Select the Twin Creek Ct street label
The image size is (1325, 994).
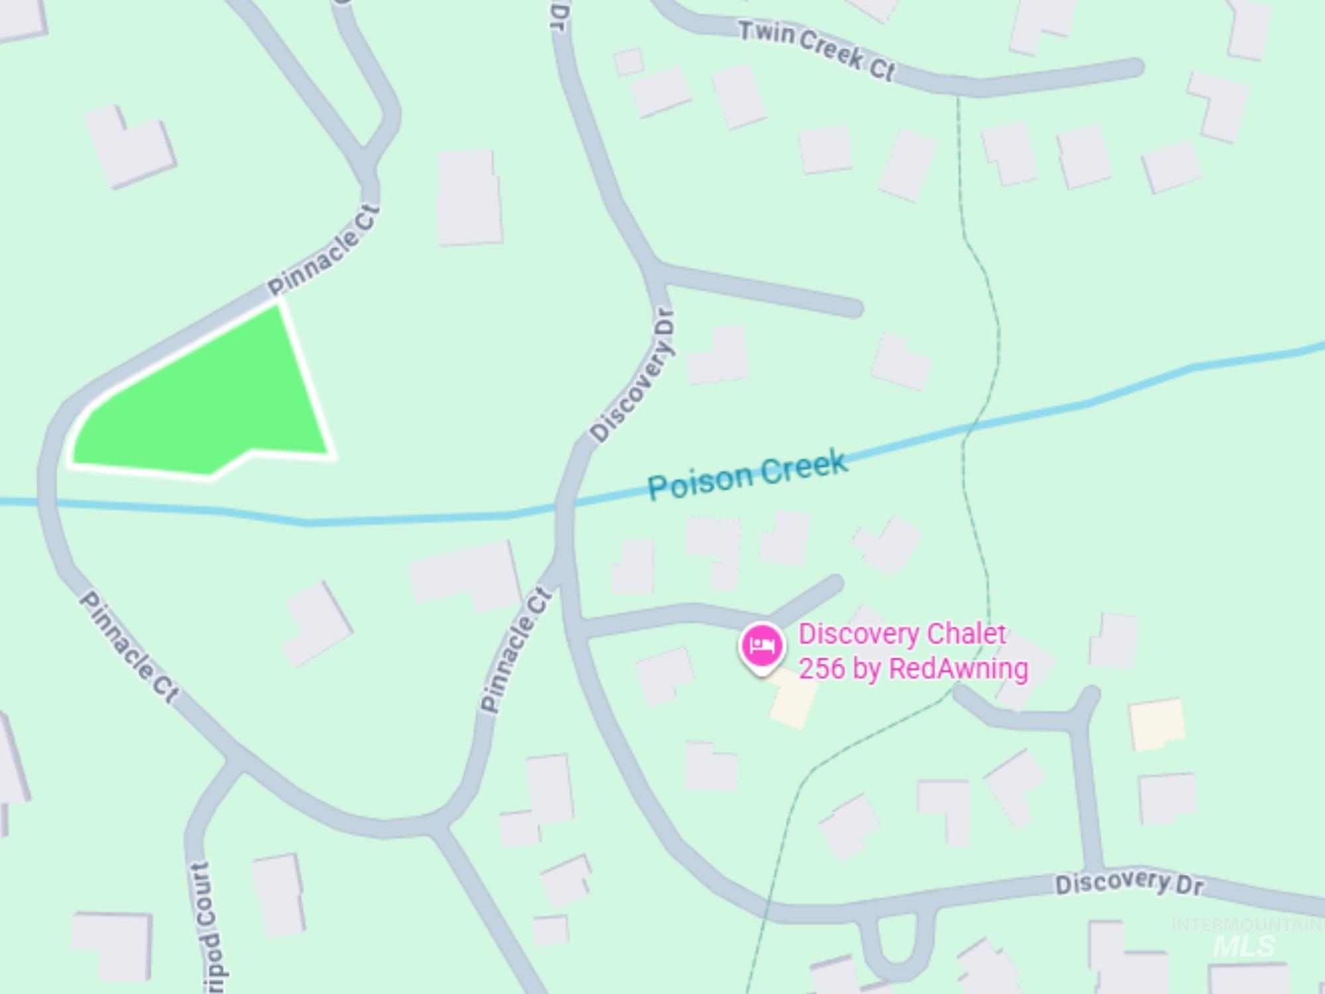(816, 50)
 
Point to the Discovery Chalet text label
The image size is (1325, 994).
(902, 634)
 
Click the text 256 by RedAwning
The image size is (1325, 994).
(913, 669)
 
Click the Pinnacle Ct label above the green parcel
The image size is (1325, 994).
(323, 250)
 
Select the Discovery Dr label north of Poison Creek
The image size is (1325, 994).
(633, 375)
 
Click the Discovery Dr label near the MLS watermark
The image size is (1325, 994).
(1129, 883)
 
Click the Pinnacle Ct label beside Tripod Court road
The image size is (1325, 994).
(129, 646)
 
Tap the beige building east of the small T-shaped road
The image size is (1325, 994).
(1157, 724)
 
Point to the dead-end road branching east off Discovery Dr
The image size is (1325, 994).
(762, 290)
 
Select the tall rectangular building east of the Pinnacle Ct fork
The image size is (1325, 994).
(469, 197)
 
